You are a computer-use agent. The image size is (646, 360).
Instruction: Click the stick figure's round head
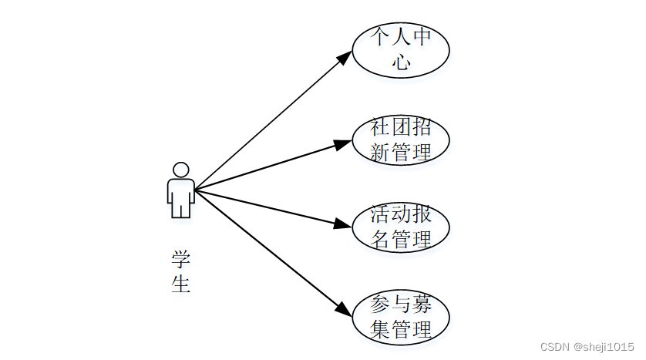181,170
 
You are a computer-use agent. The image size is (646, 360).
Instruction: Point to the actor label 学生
181,271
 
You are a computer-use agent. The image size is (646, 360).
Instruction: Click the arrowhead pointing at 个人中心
345,58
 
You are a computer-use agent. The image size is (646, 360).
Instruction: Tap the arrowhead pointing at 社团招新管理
342,145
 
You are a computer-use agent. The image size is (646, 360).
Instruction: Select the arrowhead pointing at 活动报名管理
342,224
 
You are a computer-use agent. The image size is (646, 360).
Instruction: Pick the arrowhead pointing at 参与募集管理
344,309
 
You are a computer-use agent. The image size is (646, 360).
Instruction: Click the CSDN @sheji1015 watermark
587,347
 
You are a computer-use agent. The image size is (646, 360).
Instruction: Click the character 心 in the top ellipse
401,62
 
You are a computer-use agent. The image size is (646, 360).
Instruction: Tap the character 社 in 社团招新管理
379,127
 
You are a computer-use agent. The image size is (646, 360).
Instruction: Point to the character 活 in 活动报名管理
379,214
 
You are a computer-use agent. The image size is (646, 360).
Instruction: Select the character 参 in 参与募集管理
379,304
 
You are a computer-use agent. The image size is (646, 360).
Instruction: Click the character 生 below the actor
181,284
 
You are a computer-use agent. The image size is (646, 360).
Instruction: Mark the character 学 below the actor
181,259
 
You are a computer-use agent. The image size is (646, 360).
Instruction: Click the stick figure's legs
181,209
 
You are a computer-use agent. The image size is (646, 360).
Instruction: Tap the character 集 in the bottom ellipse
379,329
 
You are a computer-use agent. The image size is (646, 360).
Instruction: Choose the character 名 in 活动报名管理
379,239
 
